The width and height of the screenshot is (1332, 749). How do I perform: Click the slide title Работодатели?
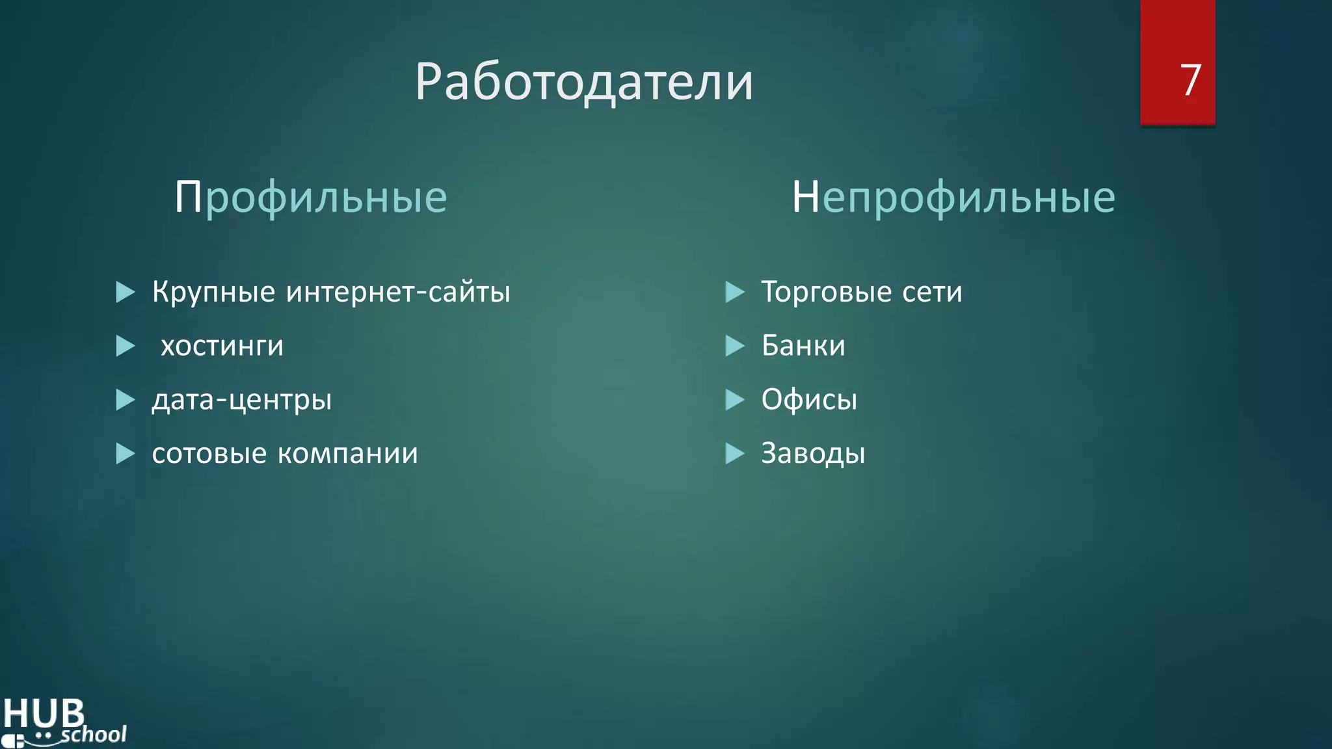pyautogui.click(x=583, y=83)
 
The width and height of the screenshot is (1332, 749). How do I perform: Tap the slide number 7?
pyautogui.click(x=1190, y=80)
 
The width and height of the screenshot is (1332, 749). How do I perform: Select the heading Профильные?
pyautogui.click(x=311, y=197)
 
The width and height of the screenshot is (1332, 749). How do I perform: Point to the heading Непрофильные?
pyautogui.click(x=953, y=197)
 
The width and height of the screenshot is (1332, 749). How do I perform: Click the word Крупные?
pyautogui.click(x=214, y=292)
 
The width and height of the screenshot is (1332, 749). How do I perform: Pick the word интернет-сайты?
pyautogui.click(x=398, y=292)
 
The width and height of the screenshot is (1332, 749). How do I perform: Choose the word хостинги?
pyautogui.click(x=222, y=346)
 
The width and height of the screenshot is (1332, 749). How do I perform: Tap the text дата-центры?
pyautogui.click(x=242, y=400)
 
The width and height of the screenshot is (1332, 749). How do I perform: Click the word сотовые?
pyautogui.click(x=209, y=453)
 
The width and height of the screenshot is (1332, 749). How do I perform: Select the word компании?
pyautogui.click(x=348, y=453)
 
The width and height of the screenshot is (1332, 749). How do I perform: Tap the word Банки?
pyautogui.click(x=803, y=345)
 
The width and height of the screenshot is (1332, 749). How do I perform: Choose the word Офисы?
pyautogui.click(x=809, y=399)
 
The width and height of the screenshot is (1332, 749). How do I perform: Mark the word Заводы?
pyautogui.click(x=813, y=453)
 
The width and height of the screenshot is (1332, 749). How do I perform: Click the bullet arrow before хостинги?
pyautogui.click(x=125, y=346)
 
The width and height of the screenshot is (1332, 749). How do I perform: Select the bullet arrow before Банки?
pyautogui.click(x=734, y=346)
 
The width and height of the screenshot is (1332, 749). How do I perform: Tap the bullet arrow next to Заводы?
pyautogui.click(x=734, y=453)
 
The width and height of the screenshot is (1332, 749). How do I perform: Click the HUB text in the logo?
pyautogui.click(x=44, y=714)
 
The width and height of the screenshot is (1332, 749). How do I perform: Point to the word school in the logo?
pyautogui.click(x=94, y=735)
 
